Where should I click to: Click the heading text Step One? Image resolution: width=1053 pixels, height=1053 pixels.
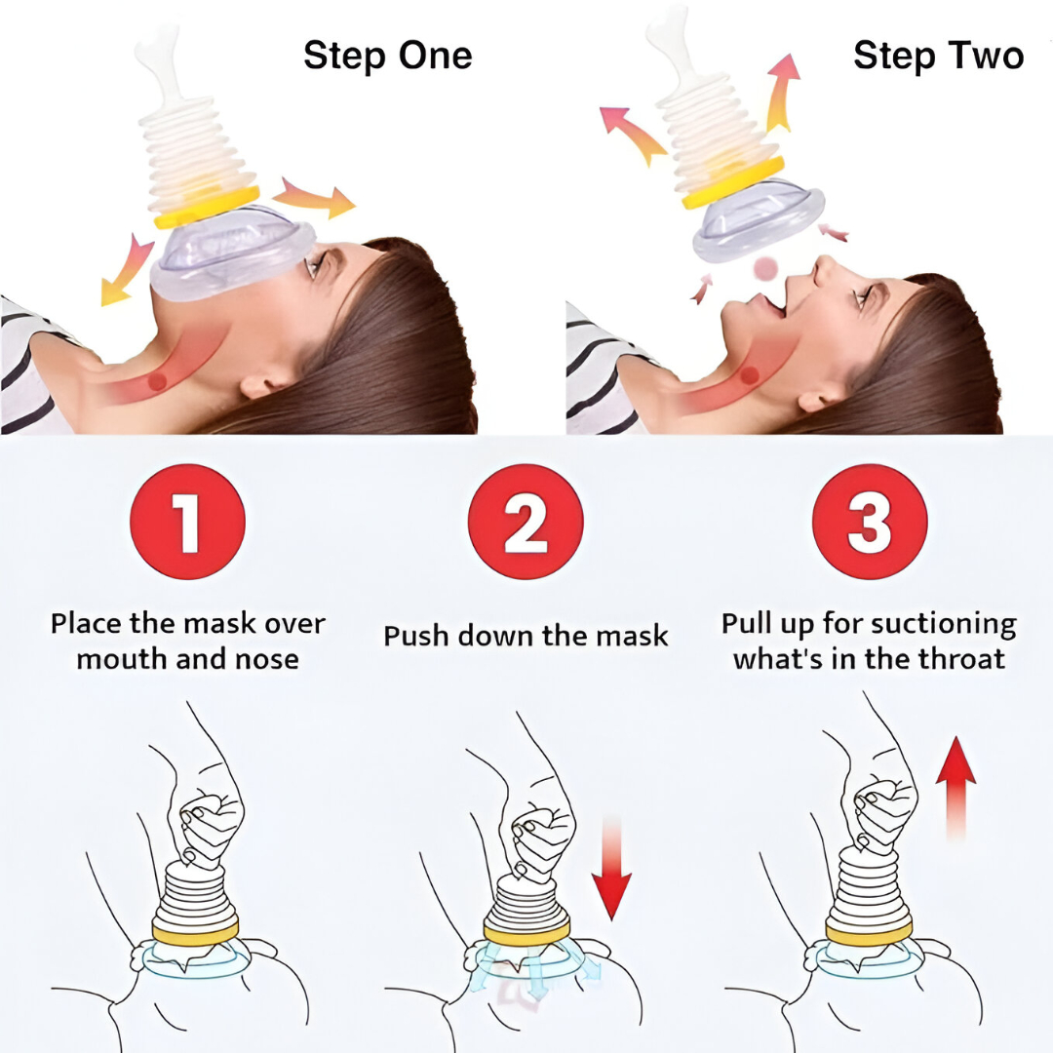pyautogui.click(x=387, y=55)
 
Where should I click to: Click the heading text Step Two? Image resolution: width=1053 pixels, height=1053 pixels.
pyautogui.click(x=938, y=55)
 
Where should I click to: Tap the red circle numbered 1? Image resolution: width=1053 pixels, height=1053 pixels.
pyautogui.click(x=187, y=522)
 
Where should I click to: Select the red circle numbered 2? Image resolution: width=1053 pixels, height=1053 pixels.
pyautogui.click(x=526, y=522)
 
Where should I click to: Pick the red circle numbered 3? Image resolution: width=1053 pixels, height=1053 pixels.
pyautogui.click(x=870, y=522)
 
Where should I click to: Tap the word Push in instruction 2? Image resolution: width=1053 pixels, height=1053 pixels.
pyautogui.click(x=415, y=636)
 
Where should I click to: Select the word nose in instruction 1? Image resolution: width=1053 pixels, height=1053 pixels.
pyautogui.click(x=267, y=660)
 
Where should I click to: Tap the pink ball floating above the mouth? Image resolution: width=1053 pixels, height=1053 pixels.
pyautogui.click(x=765, y=269)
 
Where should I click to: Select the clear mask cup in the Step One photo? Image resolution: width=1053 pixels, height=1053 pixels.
pyautogui.click(x=232, y=254)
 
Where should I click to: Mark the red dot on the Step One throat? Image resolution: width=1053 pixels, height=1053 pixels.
pyautogui.click(x=157, y=382)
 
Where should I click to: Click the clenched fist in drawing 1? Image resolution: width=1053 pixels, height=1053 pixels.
pyautogui.click(x=206, y=824)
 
